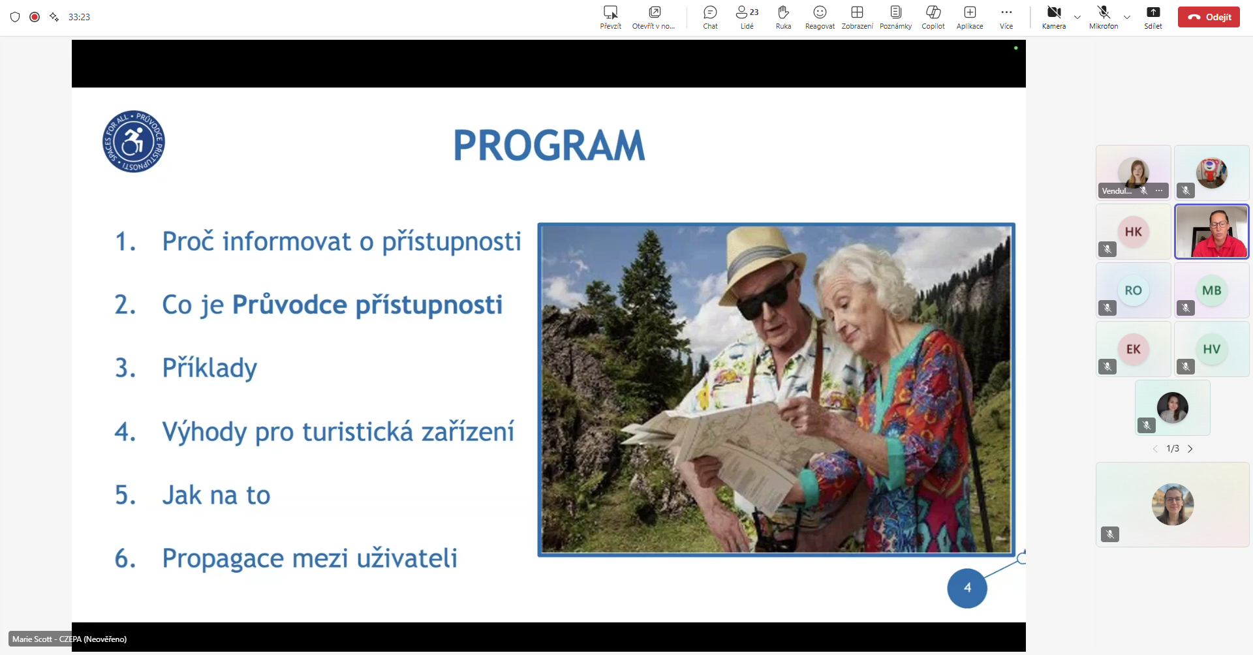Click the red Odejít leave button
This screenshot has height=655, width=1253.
click(1209, 17)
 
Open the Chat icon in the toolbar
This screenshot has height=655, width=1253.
click(710, 12)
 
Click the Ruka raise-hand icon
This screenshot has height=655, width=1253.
click(783, 12)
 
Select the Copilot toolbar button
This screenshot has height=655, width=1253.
click(933, 12)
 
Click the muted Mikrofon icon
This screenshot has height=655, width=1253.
click(1104, 12)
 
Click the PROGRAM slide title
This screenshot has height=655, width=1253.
click(549, 145)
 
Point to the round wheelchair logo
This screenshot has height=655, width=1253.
click(134, 142)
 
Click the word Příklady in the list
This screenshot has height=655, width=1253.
click(209, 368)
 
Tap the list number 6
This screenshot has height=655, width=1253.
click(125, 558)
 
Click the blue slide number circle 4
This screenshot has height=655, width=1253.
click(967, 588)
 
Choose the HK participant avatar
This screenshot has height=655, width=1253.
click(1134, 232)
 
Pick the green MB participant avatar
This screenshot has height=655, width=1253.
click(1212, 290)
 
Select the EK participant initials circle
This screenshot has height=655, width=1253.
click(1134, 349)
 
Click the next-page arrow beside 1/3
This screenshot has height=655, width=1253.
click(1190, 449)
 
